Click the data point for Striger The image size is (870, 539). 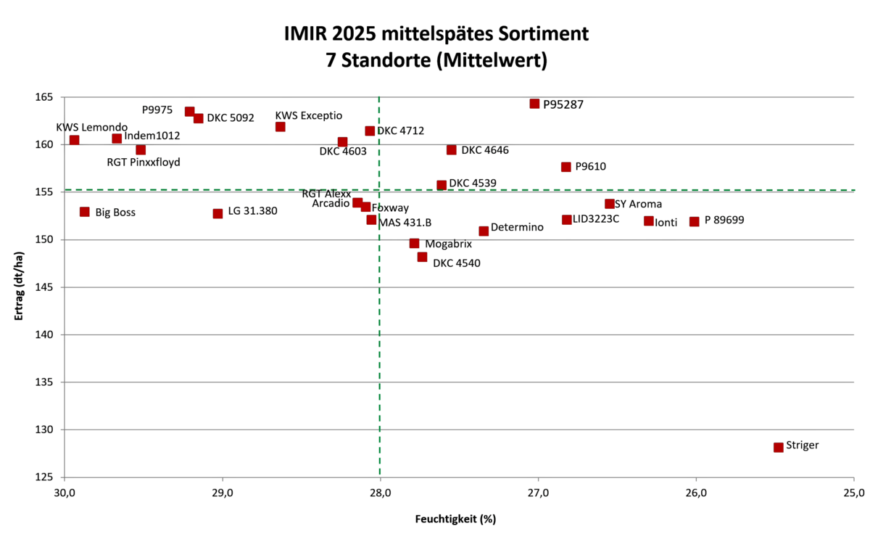[778, 448]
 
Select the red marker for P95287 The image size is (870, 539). [534, 104]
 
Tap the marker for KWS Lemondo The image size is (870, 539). [74, 140]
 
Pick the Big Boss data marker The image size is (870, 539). [85, 212]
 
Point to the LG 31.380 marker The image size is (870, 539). [217, 214]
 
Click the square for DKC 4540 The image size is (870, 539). [422, 257]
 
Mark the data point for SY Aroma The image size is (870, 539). [610, 204]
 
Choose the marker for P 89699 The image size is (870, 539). [694, 221]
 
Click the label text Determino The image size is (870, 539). [517, 228]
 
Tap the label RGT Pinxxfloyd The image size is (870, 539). [144, 162]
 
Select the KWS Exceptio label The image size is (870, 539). [308, 115]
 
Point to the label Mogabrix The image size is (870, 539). [448, 244]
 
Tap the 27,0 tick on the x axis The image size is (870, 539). [538, 495]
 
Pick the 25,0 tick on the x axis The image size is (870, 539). [853, 495]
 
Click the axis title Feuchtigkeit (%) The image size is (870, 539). [455, 519]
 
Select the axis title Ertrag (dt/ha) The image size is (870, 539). [19, 287]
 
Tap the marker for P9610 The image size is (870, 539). [566, 167]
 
